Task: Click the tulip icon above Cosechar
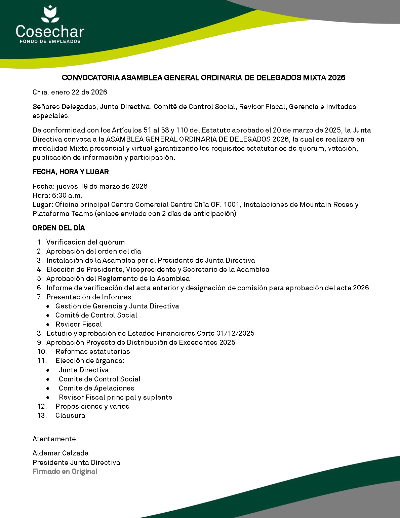[50, 14]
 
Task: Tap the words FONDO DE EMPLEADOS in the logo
[50, 41]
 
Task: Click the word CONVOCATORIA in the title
[91, 78]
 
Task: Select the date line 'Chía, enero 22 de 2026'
[70, 92]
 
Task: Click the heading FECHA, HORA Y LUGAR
[71, 172]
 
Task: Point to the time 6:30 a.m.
[67, 195]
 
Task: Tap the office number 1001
[232, 205]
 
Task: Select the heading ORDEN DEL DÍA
[58, 228]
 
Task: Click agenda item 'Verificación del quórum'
[85, 242]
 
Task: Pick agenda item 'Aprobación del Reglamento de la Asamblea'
[118, 279]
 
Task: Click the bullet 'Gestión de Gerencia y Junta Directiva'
[117, 306]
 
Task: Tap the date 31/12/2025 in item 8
[235, 333]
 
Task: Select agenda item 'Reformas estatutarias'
[93, 351]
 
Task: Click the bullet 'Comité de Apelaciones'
[96, 388]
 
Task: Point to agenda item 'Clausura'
[70, 415]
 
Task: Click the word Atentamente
[55, 439]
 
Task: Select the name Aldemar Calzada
[61, 453]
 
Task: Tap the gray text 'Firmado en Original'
[65, 472]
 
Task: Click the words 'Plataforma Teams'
[63, 214]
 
